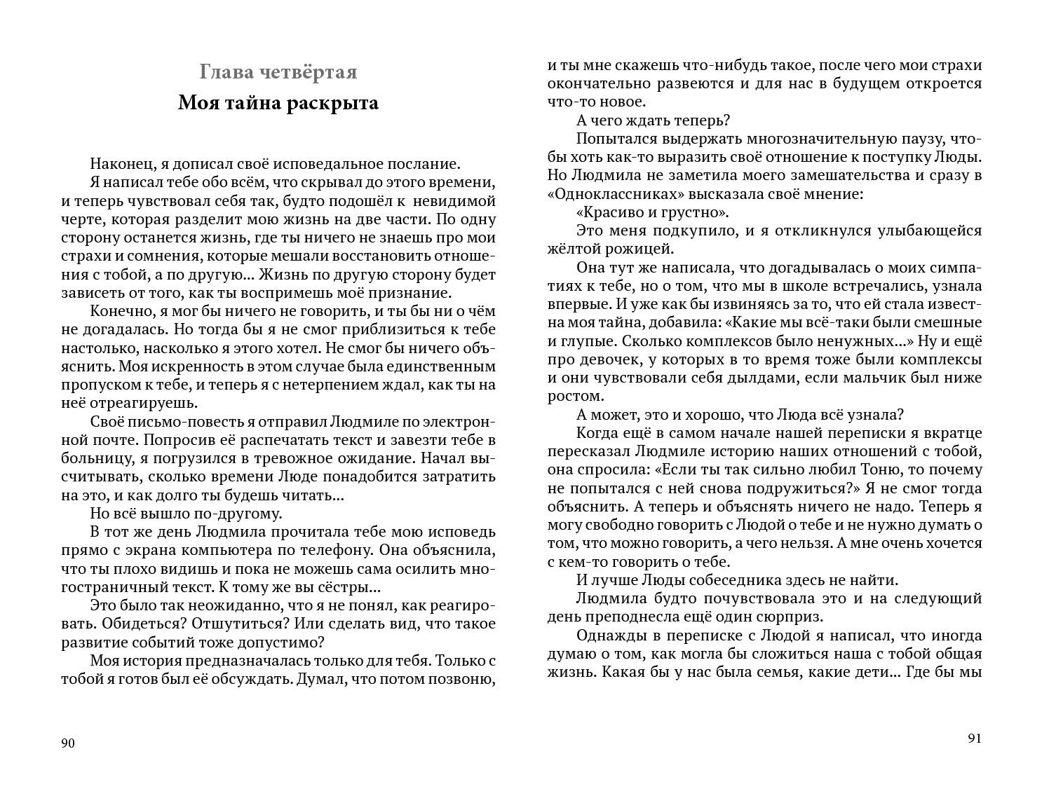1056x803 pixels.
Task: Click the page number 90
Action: click(x=68, y=743)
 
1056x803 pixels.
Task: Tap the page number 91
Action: click(x=975, y=739)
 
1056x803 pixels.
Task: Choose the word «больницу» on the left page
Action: click(x=92, y=458)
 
